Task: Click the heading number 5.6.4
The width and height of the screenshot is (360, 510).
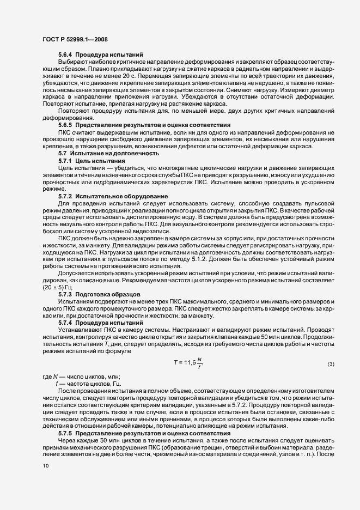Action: click(66, 54)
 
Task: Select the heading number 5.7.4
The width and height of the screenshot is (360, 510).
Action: click(66, 323)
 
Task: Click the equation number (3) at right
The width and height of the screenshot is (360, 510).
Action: click(331, 364)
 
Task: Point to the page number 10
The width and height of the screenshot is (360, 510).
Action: click(46, 465)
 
